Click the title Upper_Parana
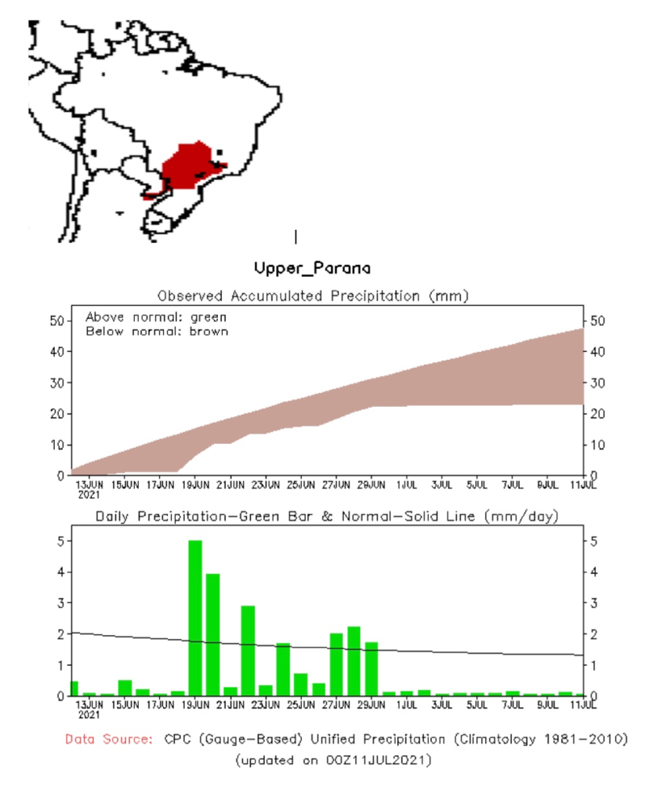click(x=312, y=268)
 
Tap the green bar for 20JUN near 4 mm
click(x=213, y=634)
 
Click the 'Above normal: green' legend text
click(x=155, y=318)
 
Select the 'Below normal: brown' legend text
click(x=156, y=331)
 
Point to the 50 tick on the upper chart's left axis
click(x=56, y=321)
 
